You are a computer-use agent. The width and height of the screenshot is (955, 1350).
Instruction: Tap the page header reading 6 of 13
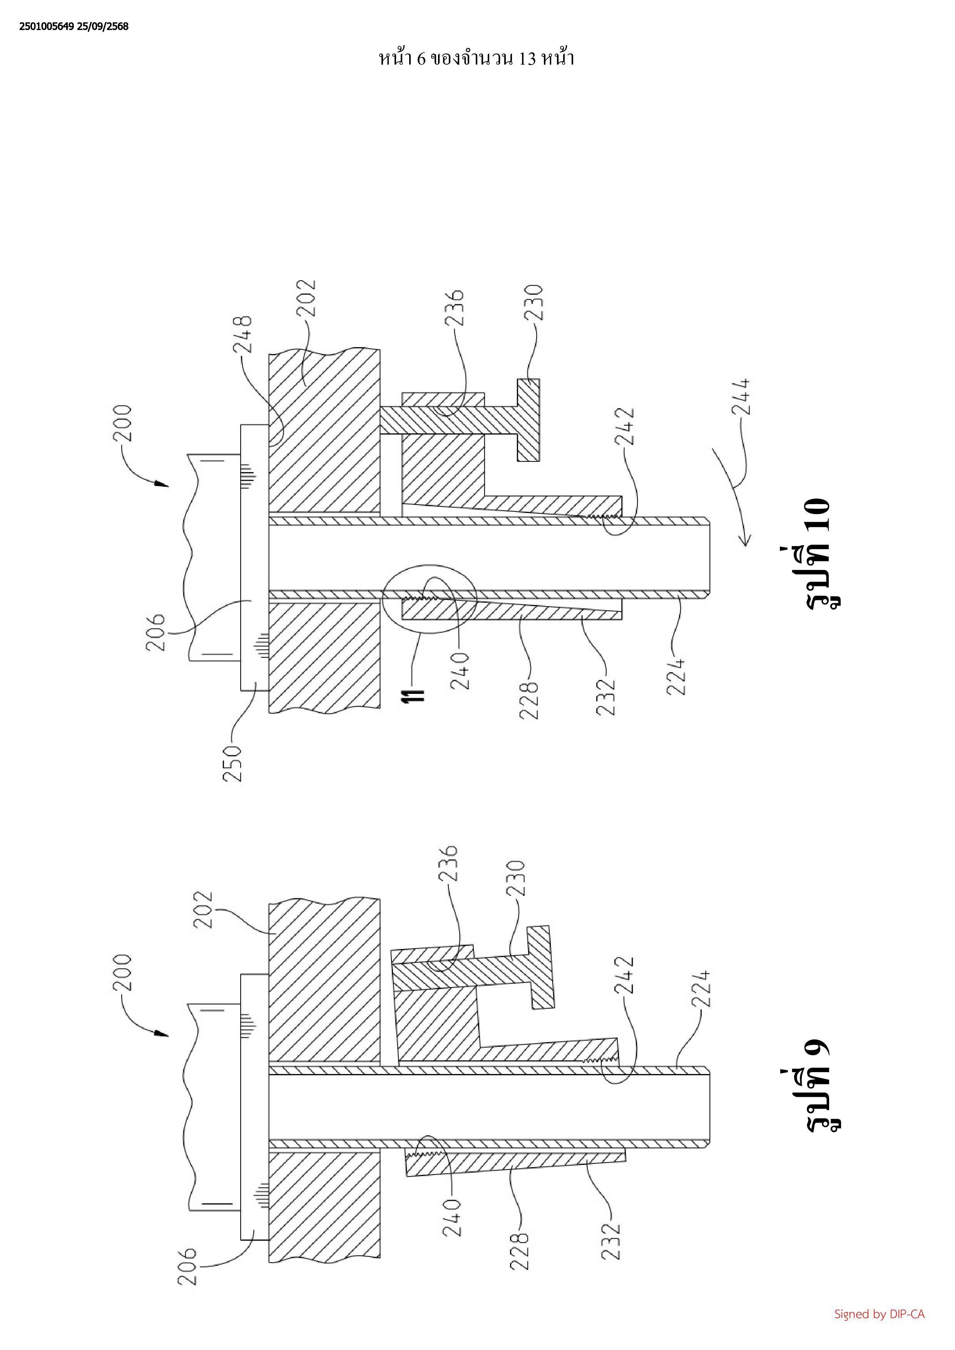click(476, 58)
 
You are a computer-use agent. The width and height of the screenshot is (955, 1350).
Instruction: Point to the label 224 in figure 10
click(676, 677)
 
